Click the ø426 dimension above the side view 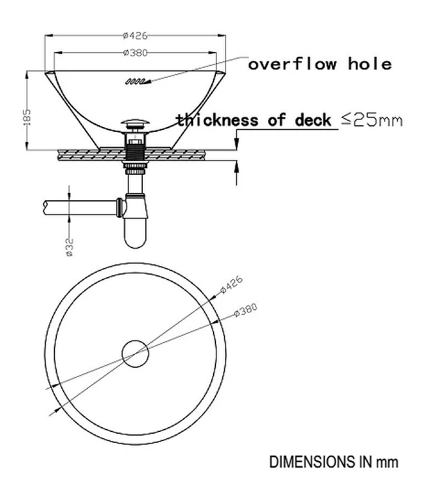coord(135,36)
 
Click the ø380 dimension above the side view coord(135,53)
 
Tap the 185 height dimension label coord(27,117)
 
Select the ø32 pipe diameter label coord(70,247)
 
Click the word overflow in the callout coord(292,64)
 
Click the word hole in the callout coord(370,64)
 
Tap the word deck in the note coord(313,120)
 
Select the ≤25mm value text coord(372,120)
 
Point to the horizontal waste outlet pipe coord(80,208)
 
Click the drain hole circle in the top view coord(135,354)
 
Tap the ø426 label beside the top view coord(232,284)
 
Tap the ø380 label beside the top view coord(246,310)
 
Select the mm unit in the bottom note coord(387,463)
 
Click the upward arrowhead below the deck coord(237,167)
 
